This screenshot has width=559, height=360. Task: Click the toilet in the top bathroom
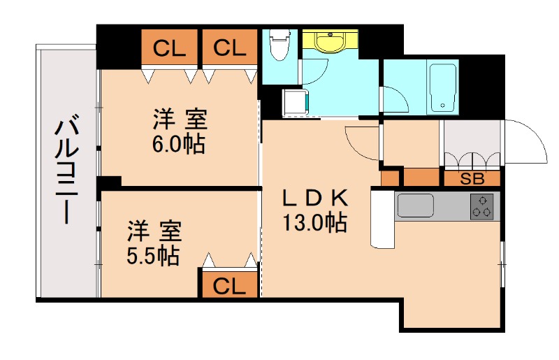point(280,45)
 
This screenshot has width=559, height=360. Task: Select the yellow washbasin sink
point(328,42)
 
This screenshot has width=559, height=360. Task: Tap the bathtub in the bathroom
point(442,87)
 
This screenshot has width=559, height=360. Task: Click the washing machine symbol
point(296,102)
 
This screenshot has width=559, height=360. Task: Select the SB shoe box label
point(472,179)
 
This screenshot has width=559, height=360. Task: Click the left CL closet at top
point(170,48)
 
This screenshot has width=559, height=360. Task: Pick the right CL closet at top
point(230,48)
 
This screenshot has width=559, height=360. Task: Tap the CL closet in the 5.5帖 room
point(230,285)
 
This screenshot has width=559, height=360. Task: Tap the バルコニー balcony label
point(66,171)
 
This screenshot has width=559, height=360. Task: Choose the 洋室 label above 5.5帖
point(154,230)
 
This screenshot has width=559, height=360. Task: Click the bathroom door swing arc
point(395,98)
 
